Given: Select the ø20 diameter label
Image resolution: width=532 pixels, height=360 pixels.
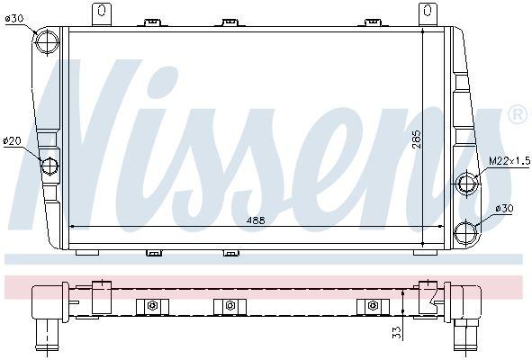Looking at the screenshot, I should tap(12, 140).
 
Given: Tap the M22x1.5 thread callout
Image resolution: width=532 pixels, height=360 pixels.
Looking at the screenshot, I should tap(503, 160).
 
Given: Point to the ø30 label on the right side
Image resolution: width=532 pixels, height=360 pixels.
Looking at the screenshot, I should tap(505, 209).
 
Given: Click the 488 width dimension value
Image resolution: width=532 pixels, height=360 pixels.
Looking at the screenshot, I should tap(257, 219).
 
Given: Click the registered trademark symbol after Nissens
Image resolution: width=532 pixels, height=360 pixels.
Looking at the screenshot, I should tap(517, 115).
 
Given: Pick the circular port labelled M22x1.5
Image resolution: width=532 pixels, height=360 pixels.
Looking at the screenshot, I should tap(467, 184).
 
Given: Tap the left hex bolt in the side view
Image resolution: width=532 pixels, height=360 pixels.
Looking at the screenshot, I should tap(152, 307).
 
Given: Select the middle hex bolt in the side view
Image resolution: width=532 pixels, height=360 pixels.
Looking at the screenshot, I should tap(230, 307).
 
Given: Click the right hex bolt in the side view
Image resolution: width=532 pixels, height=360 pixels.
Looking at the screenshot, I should tap(372, 307).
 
